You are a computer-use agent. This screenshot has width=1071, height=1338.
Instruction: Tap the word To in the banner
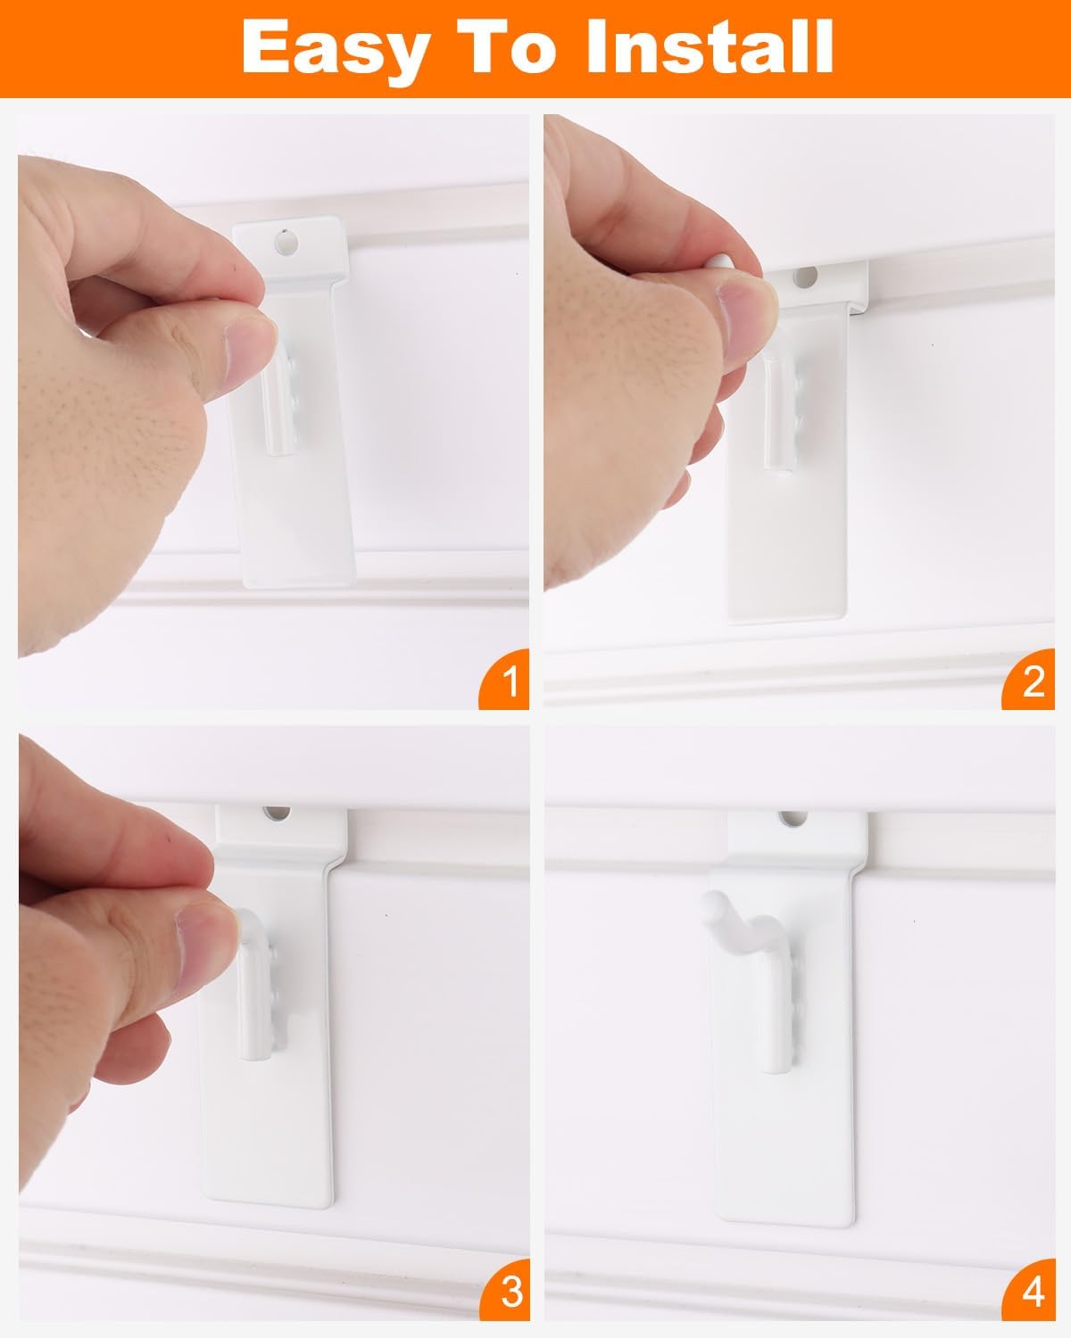pos(506,45)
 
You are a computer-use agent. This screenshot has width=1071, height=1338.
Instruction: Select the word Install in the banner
pos(710,45)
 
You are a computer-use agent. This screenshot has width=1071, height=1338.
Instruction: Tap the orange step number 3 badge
pos(505,1291)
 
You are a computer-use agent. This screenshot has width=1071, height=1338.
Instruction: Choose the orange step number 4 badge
pos(1029,1291)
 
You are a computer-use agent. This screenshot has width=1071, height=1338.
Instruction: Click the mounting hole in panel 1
pos(286,242)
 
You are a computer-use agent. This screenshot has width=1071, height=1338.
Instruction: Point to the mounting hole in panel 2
pos(804,277)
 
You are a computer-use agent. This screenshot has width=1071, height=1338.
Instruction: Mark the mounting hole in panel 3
pos(277,813)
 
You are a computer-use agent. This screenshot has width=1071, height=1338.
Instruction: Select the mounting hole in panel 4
pos(793,818)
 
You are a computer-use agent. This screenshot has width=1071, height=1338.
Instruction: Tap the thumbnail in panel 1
pos(249,352)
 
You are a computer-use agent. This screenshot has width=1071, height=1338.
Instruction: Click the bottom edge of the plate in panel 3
pos(268,1203)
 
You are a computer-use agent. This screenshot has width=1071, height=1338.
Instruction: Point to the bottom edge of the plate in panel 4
pos(786,1221)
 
